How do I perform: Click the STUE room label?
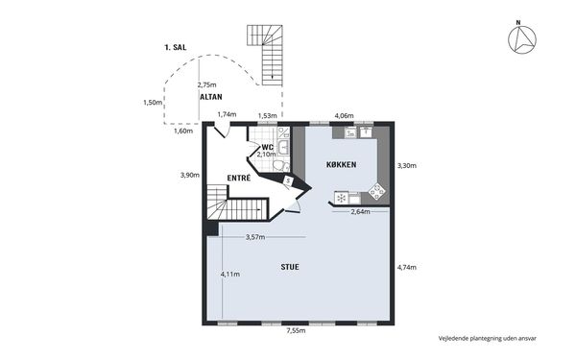click(290, 267)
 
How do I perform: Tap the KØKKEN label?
click(341, 164)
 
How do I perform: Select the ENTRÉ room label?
click(239, 179)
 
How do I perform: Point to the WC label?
click(268, 148)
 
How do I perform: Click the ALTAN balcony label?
click(211, 97)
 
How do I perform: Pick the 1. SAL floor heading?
click(176, 47)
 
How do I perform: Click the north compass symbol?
click(522, 38)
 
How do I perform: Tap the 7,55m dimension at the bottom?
click(296, 330)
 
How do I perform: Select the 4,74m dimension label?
click(407, 268)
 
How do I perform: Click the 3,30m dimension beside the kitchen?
click(407, 166)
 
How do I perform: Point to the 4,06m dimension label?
click(344, 116)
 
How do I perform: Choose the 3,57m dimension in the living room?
click(255, 237)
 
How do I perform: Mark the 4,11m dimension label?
click(230, 274)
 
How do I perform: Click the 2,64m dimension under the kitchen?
click(360, 211)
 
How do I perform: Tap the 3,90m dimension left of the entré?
click(190, 176)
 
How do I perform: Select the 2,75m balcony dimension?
click(206, 84)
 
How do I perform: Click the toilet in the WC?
click(281, 166)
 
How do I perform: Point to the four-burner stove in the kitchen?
click(377, 191)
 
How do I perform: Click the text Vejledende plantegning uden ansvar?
click(487, 338)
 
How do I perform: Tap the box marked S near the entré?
click(288, 180)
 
